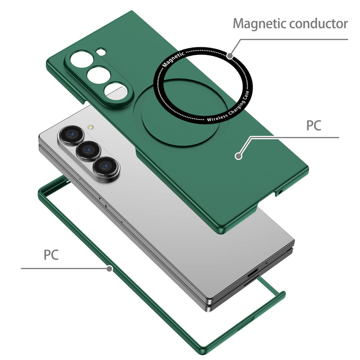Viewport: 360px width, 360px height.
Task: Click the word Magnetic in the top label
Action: (x=254, y=23)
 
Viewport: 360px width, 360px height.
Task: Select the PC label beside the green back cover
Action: (x=314, y=125)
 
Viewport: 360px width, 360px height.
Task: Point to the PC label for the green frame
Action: (x=51, y=255)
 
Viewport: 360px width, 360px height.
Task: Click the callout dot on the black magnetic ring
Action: (x=230, y=56)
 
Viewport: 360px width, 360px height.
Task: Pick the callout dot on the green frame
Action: (x=109, y=269)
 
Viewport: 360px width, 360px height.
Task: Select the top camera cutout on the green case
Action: (x=82, y=59)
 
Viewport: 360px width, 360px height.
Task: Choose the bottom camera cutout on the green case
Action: (x=114, y=90)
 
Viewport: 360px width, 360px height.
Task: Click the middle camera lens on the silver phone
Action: (x=88, y=151)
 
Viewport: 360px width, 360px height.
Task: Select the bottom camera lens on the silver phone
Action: (x=106, y=167)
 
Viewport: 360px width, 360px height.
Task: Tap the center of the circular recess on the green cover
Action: (x=166, y=112)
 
